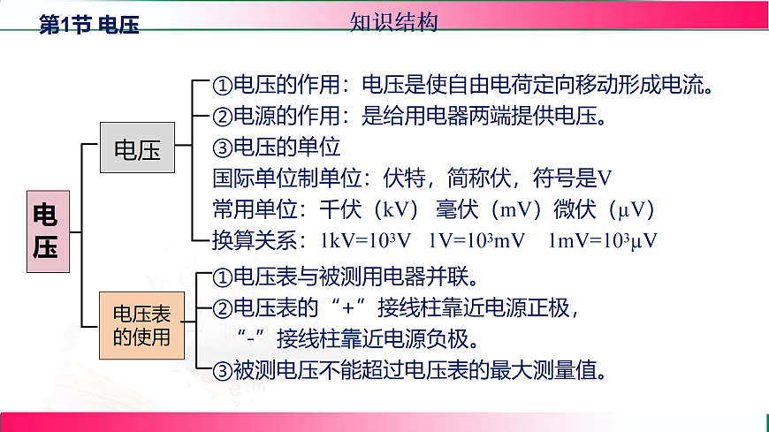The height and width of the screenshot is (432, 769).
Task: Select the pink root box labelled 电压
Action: [45, 231]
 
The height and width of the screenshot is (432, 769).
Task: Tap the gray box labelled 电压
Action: [137, 149]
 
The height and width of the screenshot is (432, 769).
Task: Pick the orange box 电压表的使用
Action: [142, 324]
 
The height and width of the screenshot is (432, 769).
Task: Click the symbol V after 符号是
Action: [605, 178]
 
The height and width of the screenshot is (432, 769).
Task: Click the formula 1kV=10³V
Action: [366, 240]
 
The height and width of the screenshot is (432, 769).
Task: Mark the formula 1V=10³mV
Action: [477, 240]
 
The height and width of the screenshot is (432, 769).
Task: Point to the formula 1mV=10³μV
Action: [603, 240]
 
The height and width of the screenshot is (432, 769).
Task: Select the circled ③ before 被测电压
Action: [223, 369]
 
